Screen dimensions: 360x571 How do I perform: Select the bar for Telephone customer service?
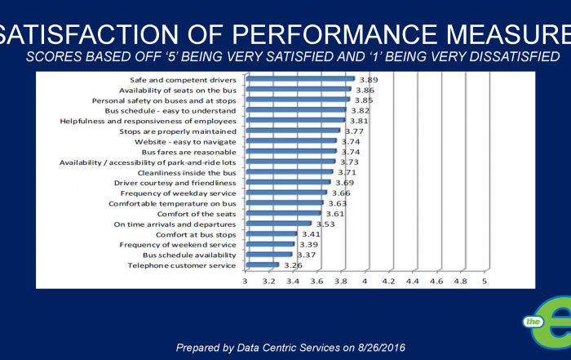(x=262, y=264)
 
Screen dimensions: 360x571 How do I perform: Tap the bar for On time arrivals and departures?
(x=278, y=224)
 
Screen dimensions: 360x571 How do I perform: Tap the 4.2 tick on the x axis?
(x=388, y=282)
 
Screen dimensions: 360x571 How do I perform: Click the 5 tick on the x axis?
(x=485, y=282)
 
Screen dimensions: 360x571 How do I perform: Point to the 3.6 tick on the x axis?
(x=316, y=282)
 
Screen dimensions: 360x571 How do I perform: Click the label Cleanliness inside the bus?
(x=187, y=172)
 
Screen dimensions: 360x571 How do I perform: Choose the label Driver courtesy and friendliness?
(x=175, y=183)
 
